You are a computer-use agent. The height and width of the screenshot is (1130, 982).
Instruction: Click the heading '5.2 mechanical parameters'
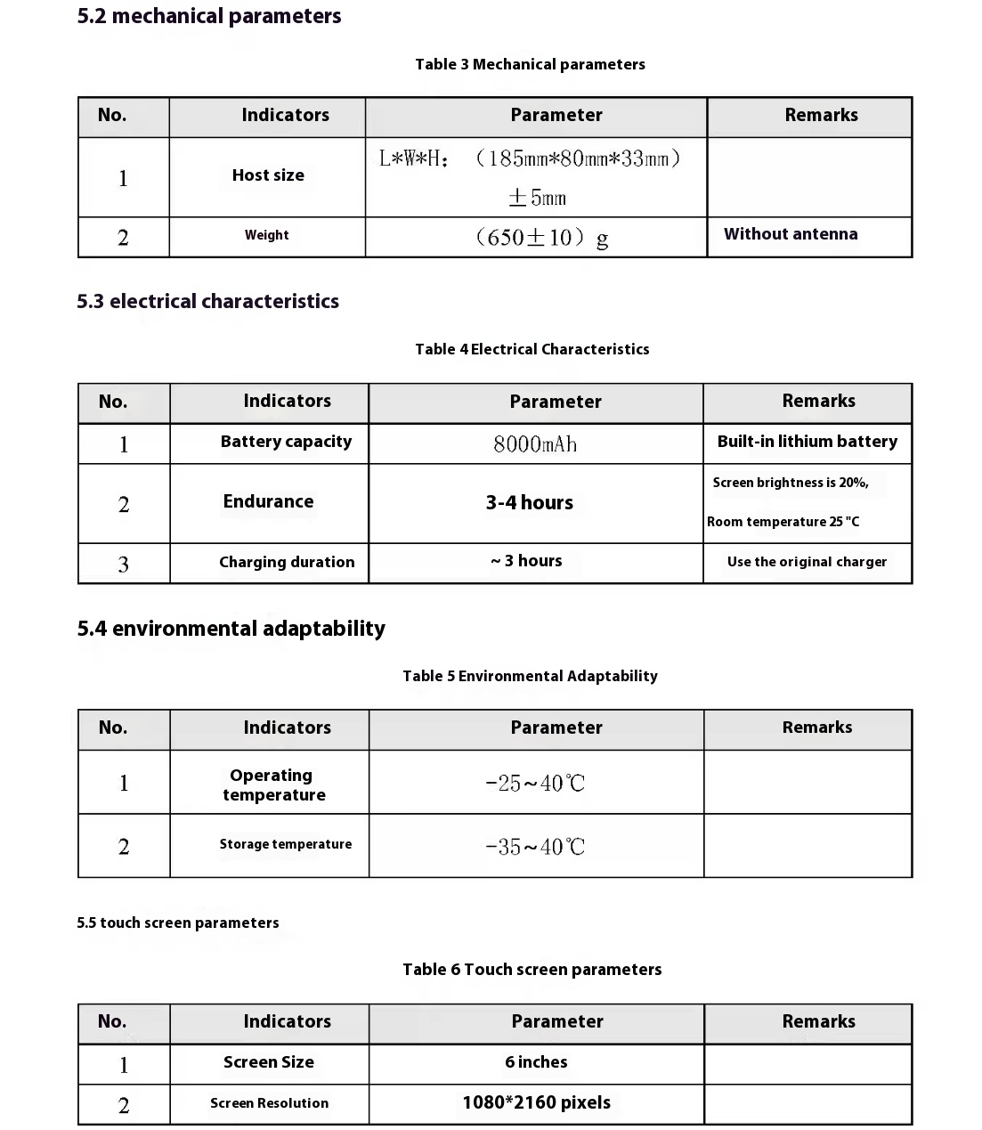point(209,16)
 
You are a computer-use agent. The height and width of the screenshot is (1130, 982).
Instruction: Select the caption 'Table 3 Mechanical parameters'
point(530,64)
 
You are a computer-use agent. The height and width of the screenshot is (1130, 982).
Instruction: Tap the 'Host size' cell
point(268,175)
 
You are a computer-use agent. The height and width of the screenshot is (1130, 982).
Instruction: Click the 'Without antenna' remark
point(791,234)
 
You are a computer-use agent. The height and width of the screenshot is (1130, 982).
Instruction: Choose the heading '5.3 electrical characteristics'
point(207,301)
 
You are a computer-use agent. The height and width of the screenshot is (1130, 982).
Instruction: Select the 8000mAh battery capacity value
point(535,443)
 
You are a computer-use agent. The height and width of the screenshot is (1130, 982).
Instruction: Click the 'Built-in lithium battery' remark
point(807,442)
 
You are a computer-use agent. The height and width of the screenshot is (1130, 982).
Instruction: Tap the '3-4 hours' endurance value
point(530,502)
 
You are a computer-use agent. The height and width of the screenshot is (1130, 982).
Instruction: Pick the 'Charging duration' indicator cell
point(287,562)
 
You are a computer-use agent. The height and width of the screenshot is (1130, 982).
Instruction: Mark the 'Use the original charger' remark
point(807,562)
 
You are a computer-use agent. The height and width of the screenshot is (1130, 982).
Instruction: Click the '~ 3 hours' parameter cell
point(526,561)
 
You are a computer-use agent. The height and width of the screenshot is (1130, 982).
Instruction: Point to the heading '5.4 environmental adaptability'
point(231,629)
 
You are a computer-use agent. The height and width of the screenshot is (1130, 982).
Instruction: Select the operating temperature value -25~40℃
point(535,784)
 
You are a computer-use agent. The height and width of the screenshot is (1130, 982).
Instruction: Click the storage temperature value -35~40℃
point(535,847)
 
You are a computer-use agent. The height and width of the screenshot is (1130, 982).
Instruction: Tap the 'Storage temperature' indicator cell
point(286,844)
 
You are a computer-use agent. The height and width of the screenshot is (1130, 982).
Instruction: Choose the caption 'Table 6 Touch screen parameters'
point(532,970)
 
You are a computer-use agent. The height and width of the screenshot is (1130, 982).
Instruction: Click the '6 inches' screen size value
point(536,1062)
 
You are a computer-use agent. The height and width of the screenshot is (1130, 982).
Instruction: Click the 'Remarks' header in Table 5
point(817,728)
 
